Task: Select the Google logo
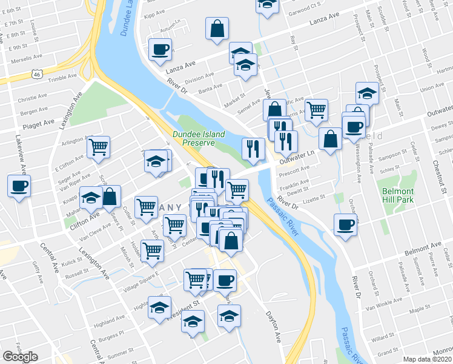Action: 20,356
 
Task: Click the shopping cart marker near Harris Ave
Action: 316,110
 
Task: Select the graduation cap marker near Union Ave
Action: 367,93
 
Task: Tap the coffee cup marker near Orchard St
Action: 346,224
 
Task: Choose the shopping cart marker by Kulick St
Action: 153,250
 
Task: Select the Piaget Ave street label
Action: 38,126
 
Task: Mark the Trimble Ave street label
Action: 63,78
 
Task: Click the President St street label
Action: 184,302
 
